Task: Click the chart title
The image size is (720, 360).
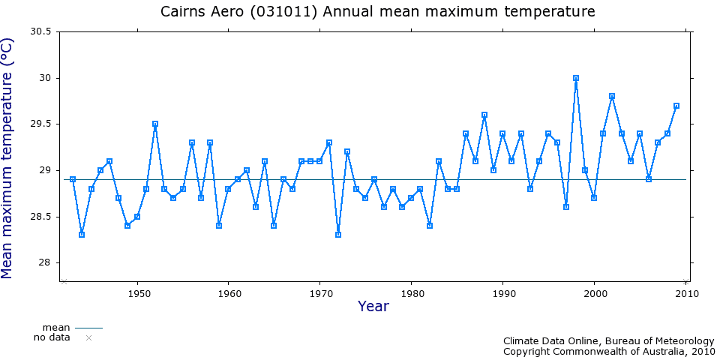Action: click(378, 12)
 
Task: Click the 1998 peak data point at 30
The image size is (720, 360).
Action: click(576, 78)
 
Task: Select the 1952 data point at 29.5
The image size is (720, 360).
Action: click(155, 124)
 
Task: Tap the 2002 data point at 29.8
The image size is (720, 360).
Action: click(612, 96)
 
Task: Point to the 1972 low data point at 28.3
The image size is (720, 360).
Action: click(338, 235)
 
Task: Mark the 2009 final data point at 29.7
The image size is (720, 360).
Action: click(676, 106)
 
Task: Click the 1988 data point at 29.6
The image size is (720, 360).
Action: click(484, 115)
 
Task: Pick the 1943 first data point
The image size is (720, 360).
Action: click(73, 179)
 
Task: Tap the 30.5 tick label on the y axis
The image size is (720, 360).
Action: click(40, 32)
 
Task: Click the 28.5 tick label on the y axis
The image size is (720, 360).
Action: click(40, 217)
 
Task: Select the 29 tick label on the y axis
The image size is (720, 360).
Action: click(46, 170)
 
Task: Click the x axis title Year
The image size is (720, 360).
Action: click(373, 306)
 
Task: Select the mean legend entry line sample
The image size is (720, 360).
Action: click(88, 328)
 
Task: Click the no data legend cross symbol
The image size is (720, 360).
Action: click(88, 338)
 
